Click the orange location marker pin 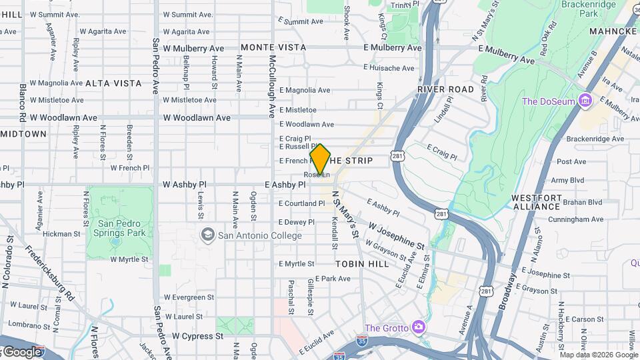(320, 159)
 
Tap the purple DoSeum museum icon (585, 101)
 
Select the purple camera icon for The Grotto (418, 327)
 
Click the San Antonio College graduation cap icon (208, 235)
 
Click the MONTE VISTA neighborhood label (273, 47)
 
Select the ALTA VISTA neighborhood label (113, 83)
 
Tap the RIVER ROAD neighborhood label (446, 89)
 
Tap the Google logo (22, 351)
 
